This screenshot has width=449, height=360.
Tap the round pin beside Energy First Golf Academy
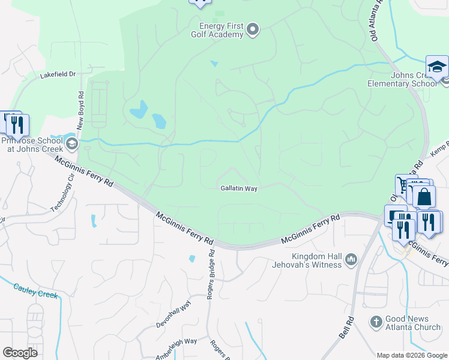pos(253,29)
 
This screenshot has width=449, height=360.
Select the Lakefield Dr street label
pos(58,75)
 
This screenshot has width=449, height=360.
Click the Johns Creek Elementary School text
pos(403,80)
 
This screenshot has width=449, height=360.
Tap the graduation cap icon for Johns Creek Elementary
pos(437,67)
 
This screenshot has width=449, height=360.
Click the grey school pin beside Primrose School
pos(72,143)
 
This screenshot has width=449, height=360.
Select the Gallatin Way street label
pos(239,188)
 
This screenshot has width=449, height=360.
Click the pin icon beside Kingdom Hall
pos(352,260)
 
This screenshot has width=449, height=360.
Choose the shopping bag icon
pos(424,196)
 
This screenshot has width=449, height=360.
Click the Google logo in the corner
pos(20,353)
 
